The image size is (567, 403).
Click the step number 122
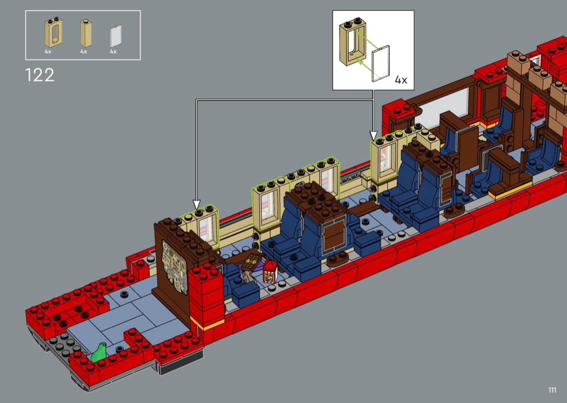pos(40,75)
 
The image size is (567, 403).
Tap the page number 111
pos(552,389)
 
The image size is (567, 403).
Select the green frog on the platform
pos(99,352)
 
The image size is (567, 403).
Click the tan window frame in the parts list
pos(53,32)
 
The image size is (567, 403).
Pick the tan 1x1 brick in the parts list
pos(86,33)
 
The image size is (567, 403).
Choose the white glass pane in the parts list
pos(116,36)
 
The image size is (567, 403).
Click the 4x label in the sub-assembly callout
pos(401,79)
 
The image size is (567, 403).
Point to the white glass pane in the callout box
pos(381,63)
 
